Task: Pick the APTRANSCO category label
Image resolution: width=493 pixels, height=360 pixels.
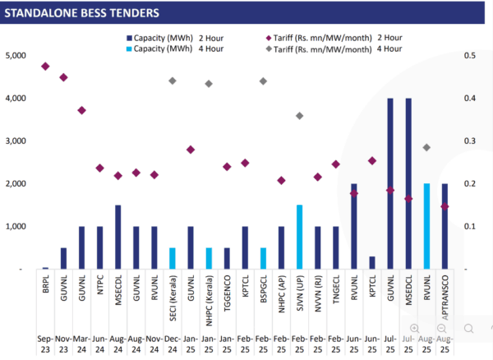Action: [x=445, y=291]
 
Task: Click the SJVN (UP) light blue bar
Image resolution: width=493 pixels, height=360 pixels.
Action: [x=299, y=237]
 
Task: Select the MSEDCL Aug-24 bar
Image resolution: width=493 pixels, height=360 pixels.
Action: [x=117, y=237]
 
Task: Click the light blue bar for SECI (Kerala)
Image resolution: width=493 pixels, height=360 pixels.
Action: [x=173, y=258]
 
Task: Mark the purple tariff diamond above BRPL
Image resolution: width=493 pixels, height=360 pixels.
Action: [x=45, y=66]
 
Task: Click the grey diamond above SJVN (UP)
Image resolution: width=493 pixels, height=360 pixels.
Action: [x=299, y=116]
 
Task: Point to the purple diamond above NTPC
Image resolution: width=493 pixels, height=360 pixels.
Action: [x=99, y=168]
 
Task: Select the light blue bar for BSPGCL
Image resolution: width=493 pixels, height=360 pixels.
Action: [x=263, y=258]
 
